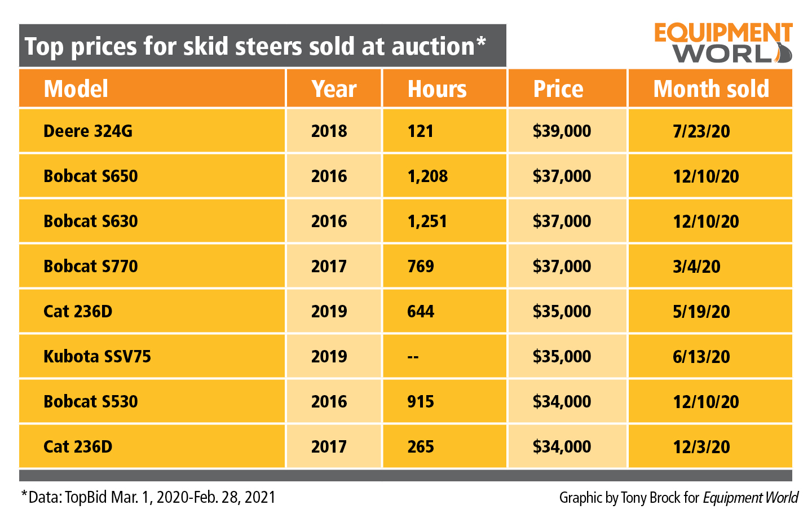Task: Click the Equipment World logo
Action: coord(723,43)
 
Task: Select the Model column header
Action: coord(76,89)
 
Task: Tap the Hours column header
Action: coord(437,89)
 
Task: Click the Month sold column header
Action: coord(710,89)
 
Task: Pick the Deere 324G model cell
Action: coord(88,131)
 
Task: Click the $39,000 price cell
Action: coord(562,131)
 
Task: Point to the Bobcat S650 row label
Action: coord(91,176)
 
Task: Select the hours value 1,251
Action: coord(427,222)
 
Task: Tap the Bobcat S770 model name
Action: coord(91,267)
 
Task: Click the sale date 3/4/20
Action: coord(696,267)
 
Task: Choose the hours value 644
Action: coord(421,312)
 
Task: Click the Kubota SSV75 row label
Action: coord(97,357)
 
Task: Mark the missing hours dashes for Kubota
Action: coord(413,357)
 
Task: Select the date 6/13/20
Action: coord(701,357)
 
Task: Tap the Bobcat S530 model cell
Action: coord(91,402)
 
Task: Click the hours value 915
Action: coord(421,402)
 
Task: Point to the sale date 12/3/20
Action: coord(701,447)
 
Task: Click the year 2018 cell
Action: coord(329,131)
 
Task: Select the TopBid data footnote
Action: coord(148,497)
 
